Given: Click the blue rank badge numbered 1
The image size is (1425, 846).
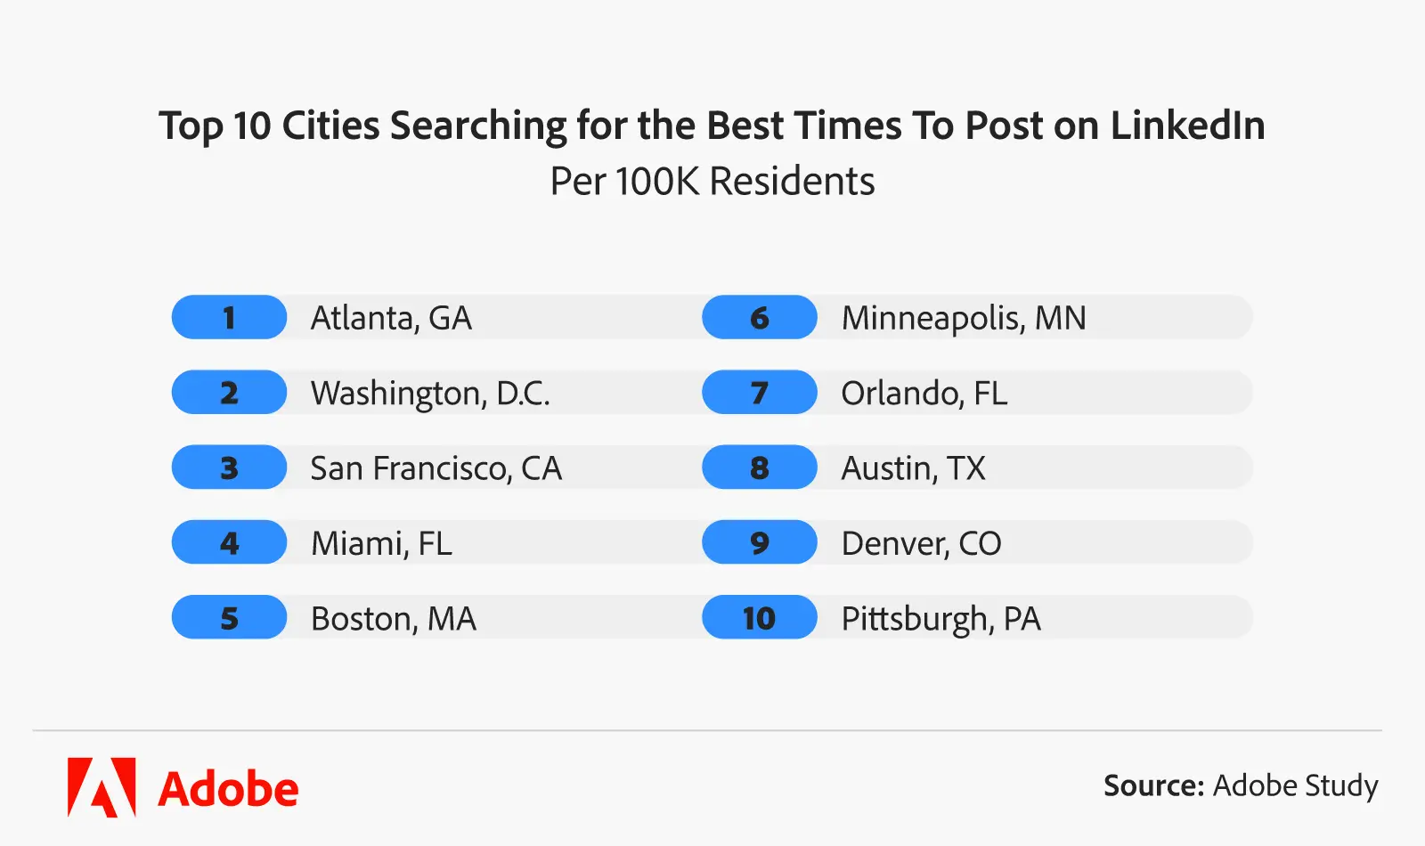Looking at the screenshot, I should [229, 317].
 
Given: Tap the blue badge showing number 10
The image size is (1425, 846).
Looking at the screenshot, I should [759, 618].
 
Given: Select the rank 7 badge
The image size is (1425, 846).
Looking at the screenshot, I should [759, 393].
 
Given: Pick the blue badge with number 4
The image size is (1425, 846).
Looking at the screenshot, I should [229, 543].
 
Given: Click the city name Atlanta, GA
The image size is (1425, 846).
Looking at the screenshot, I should [391, 318].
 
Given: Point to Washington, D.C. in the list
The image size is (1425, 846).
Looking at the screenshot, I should [430, 394].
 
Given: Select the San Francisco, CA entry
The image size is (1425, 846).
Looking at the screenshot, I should [436, 468].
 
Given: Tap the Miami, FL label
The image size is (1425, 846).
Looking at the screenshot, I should [381, 543].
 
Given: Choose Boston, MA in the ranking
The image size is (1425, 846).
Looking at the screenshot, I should [393, 619].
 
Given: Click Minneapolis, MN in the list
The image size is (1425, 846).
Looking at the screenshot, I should [964, 318].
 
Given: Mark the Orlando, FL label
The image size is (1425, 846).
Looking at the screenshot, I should [924, 394].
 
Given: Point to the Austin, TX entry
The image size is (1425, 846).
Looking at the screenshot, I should [913, 468].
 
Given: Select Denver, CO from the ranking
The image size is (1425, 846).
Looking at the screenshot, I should [921, 543].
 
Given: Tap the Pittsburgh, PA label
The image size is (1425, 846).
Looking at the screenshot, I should [940, 619].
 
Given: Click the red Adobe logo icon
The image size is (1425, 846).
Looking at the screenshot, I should [102, 787].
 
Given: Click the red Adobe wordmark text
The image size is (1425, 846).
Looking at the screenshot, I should [228, 789].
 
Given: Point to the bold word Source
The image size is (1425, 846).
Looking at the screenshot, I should [1153, 785].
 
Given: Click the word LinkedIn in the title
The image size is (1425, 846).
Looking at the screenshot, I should [1187, 126].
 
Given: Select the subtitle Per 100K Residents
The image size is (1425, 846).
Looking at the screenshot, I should [712, 182].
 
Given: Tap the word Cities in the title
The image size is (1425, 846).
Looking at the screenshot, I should [330, 126].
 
